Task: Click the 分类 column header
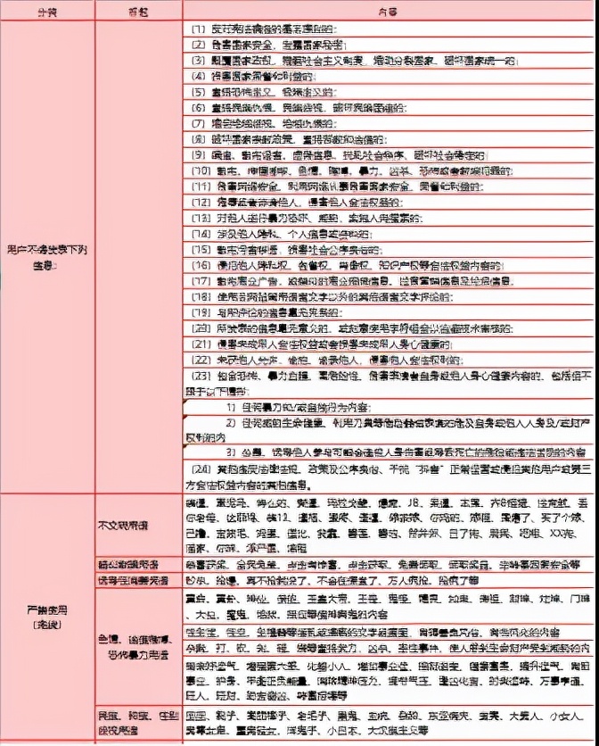coord(44,11)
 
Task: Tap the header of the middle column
coord(138,11)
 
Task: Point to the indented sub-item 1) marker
coord(230,405)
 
